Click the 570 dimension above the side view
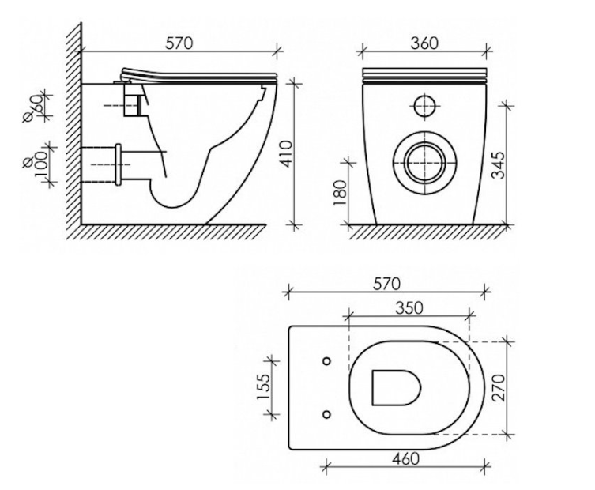[179, 43]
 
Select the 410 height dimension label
[288, 153]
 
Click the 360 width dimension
[424, 43]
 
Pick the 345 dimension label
[499, 164]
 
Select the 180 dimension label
[341, 192]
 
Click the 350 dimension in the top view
[409, 307]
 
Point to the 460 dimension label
[405, 458]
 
